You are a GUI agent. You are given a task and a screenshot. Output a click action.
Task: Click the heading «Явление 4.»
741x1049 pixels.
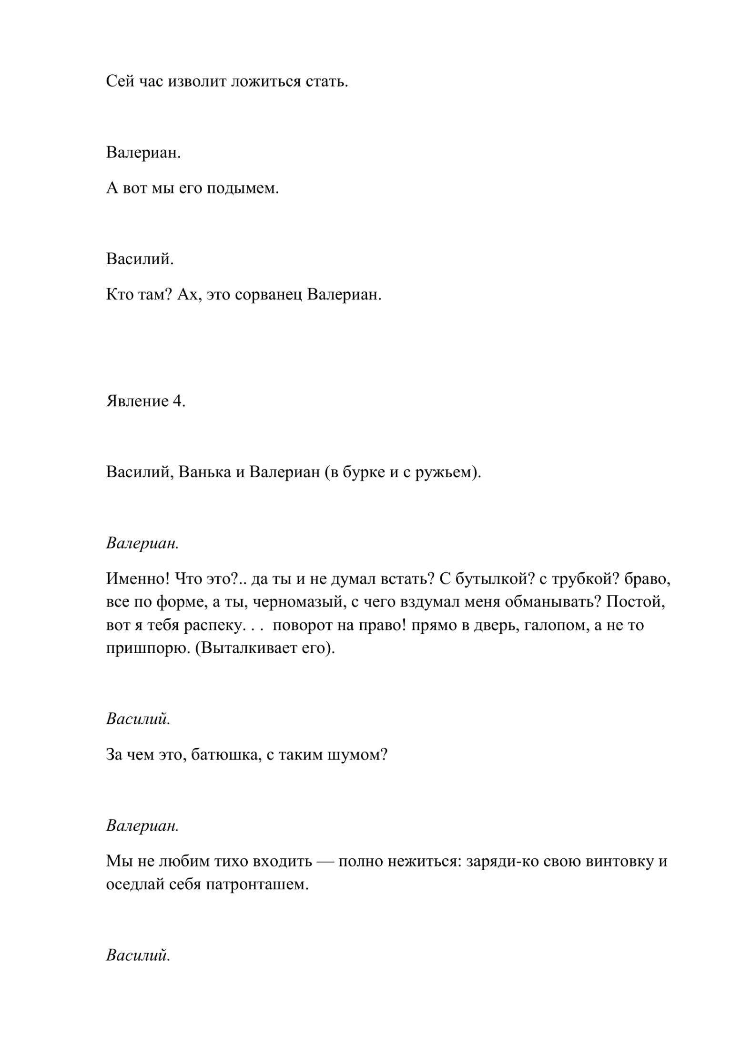coord(146,401)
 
